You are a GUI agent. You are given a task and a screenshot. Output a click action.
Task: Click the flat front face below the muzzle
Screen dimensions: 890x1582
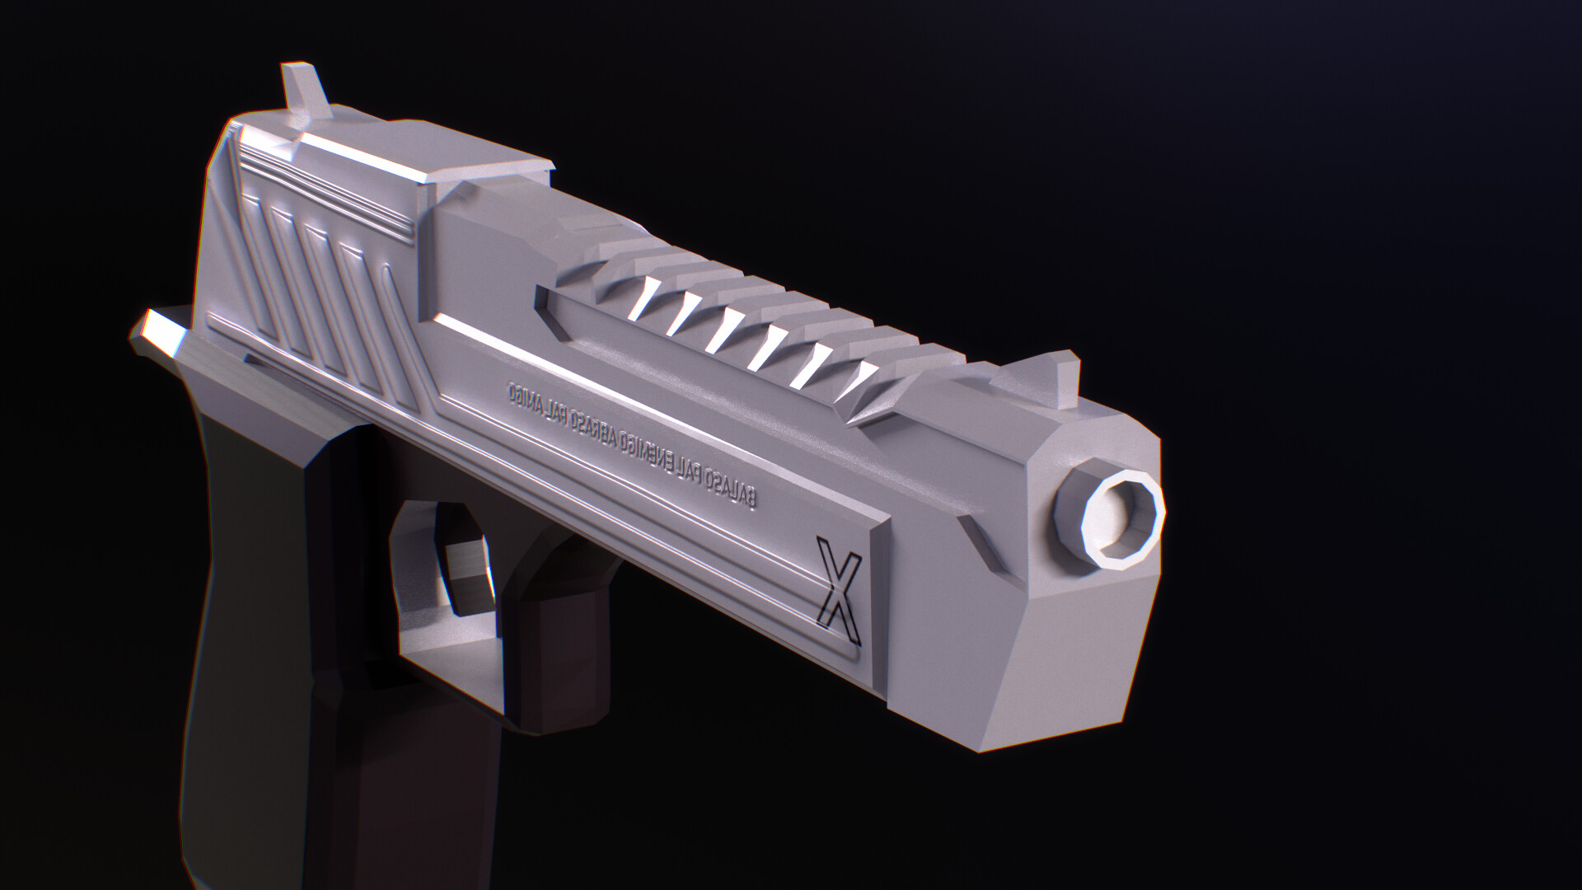tap(1071, 651)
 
